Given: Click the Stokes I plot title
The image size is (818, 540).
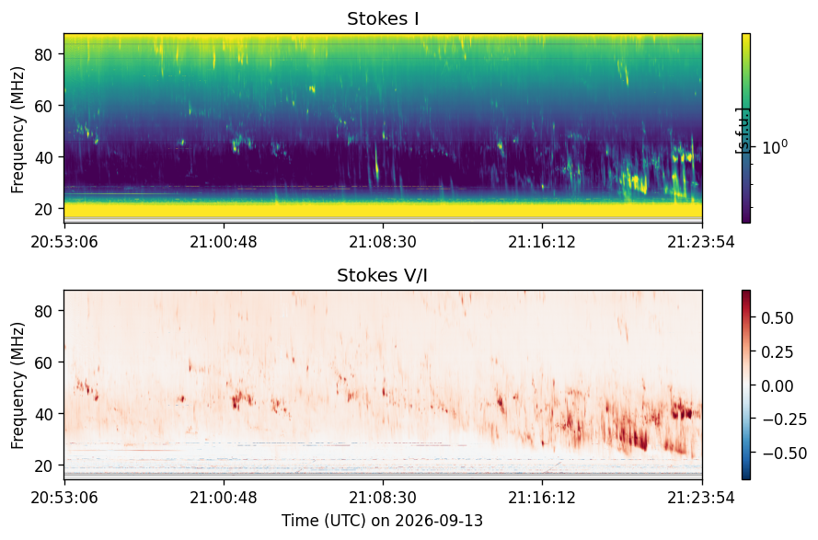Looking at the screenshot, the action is point(383,18).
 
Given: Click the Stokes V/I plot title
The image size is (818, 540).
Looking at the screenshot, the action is point(383,275).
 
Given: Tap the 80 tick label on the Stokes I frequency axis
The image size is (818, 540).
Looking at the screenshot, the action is point(45,54).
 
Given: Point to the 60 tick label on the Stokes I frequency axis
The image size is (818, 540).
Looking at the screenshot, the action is point(45,106).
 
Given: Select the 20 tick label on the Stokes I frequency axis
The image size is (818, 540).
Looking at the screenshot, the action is point(45,209).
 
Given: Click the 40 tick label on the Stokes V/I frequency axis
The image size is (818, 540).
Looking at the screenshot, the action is point(45,414).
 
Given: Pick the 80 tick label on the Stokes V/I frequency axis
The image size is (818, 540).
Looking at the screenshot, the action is point(45,311).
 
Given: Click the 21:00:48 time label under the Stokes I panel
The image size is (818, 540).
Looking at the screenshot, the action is point(224,242).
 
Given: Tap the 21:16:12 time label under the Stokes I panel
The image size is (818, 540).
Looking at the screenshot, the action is point(543,242).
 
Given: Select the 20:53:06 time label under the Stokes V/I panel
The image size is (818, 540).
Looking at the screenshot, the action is point(64,498).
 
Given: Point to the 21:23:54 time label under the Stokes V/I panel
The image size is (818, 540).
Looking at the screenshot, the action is point(702,498).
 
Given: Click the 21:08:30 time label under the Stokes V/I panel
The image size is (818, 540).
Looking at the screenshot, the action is point(383,498).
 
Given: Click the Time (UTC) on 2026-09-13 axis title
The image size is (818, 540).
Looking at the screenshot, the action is point(383,521).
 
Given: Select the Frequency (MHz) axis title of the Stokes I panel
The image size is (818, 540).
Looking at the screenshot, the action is point(17,130).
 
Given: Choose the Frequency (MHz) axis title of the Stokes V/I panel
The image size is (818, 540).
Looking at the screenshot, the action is point(17,386).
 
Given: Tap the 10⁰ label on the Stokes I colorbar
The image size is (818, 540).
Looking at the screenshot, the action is point(775,147).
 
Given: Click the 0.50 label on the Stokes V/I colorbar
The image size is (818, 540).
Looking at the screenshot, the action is point(778,318).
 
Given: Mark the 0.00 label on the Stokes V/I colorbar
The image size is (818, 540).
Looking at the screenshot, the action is point(778,386).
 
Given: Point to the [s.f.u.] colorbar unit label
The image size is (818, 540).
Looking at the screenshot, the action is point(742,131).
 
